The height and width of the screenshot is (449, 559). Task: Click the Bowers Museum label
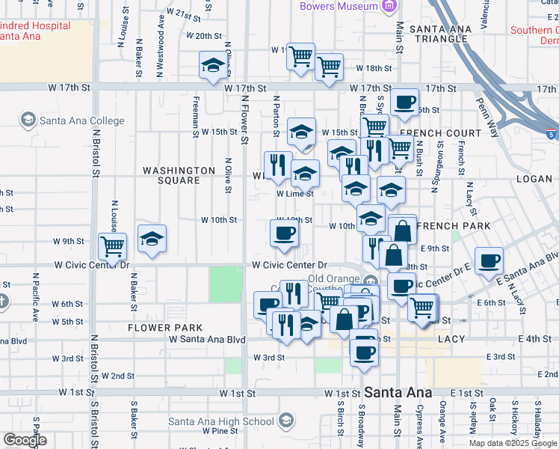(x=339, y=6)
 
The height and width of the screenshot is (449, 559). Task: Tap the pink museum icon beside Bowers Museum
(x=388, y=7)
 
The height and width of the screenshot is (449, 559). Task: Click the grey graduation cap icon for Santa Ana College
(x=28, y=120)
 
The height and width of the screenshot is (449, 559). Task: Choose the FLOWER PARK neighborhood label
(x=164, y=328)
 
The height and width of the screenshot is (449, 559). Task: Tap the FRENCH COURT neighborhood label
(x=440, y=133)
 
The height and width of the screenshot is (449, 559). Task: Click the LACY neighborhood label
(x=451, y=339)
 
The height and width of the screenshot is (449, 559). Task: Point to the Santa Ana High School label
(x=221, y=421)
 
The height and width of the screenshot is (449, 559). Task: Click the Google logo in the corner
(x=25, y=440)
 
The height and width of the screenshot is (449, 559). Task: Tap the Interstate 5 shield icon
(x=551, y=135)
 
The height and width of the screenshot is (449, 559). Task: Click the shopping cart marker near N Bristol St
(x=112, y=246)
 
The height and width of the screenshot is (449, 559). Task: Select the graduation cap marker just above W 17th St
(x=213, y=65)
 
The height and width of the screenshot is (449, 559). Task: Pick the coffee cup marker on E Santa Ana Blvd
(x=489, y=260)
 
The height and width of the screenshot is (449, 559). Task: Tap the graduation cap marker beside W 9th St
(x=152, y=239)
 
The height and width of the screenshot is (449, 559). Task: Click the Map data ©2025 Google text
(x=512, y=443)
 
